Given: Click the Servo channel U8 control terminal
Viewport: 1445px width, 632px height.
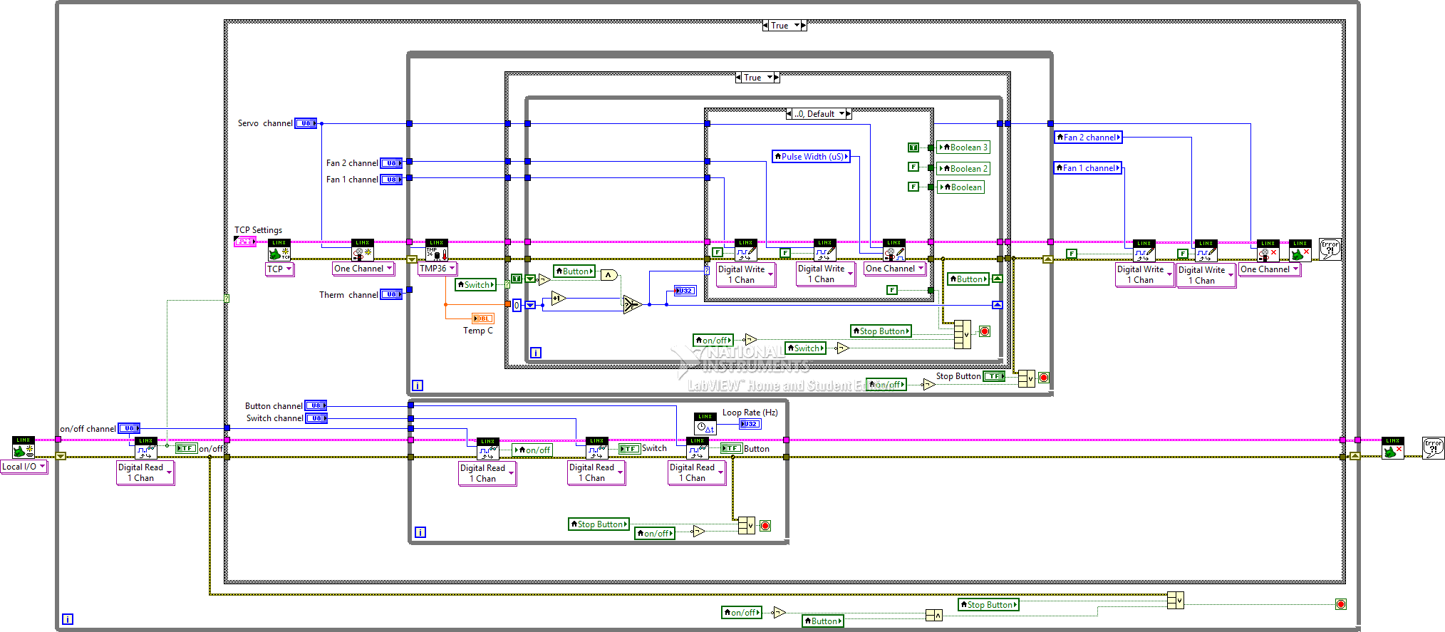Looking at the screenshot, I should click(x=306, y=123).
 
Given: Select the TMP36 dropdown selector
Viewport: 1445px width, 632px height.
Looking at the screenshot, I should click(x=437, y=269).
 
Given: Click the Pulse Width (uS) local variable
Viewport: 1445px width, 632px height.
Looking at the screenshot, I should click(x=811, y=157).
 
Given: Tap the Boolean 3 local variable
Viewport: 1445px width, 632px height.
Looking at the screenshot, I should click(x=963, y=147).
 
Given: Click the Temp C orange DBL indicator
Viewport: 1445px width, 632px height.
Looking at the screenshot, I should click(x=482, y=318).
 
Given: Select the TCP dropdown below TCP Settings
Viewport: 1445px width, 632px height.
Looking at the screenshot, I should click(x=279, y=269).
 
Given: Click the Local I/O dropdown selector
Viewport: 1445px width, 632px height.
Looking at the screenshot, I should click(x=24, y=467).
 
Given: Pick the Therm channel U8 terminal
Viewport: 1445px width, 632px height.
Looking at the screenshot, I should click(x=390, y=294).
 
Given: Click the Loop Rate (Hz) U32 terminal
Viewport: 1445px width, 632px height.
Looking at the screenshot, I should click(x=750, y=424).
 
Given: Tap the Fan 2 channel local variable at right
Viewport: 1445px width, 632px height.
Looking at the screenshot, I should click(x=1088, y=138).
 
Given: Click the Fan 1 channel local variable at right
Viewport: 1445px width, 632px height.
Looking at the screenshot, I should click(x=1087, y=168).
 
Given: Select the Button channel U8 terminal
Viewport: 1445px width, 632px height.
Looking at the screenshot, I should click(x=315, y=405).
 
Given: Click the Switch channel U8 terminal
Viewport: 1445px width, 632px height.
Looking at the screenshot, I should click(x=316, y=418).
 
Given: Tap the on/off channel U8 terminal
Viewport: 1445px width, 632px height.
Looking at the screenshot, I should click(x=128, y=428).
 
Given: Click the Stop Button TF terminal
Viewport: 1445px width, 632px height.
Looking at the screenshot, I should click(x=993, y=376).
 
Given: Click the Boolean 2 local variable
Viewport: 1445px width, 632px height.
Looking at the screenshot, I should click(x=963, y=169).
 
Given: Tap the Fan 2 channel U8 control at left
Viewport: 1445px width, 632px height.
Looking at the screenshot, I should click(x=390, y=163).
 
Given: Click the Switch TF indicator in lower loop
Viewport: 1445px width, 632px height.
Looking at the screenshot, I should click(x=629, y=449).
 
